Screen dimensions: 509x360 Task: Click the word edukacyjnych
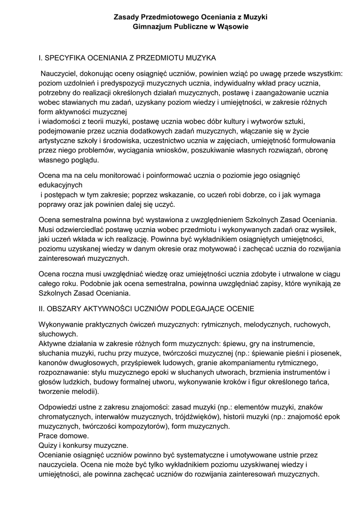click(x=61, y=184)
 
